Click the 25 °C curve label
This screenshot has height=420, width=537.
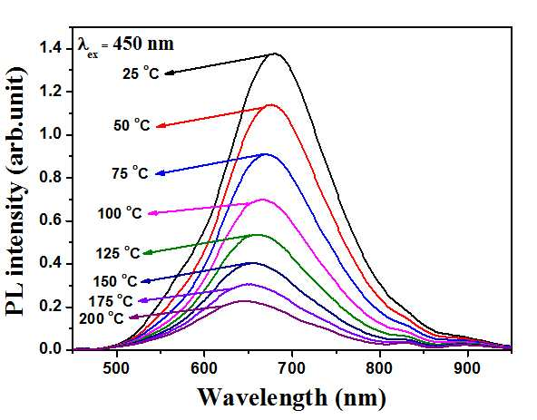point(142,73)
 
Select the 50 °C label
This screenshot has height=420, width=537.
point(132,125)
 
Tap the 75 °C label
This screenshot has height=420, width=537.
point(130,172)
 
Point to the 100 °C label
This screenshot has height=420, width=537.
point(120,213)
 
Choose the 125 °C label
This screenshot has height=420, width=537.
point(118,253)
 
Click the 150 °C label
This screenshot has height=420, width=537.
point(115,281)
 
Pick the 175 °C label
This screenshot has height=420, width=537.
point(111,301)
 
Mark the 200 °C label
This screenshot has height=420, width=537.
point(102,318)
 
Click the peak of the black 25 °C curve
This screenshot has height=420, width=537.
point(274,54)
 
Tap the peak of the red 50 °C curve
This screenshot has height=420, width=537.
point(271,104)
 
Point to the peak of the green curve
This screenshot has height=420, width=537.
point(258,235)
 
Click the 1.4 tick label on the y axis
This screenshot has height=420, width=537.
point(51,48)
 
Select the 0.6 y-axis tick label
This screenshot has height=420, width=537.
point(51,220)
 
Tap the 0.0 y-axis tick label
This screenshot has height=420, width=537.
point(51,348)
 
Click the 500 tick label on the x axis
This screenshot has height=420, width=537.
point(117,368)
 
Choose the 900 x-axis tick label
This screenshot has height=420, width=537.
point(467,368)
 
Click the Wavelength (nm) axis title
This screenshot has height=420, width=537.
point(292,398)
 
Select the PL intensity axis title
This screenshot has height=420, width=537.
point(15,191)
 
